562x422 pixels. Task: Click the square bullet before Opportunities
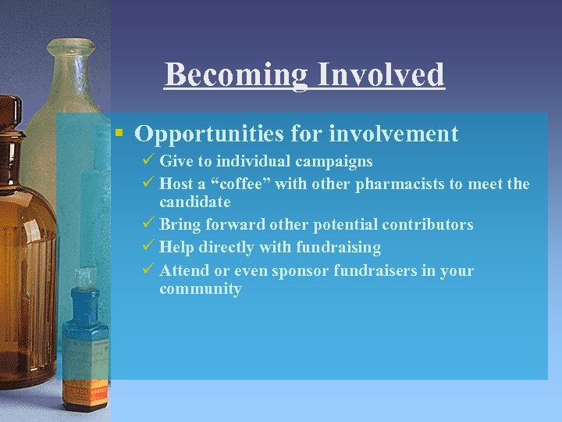119,133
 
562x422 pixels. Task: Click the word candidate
194,202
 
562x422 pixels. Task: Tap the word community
201,289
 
